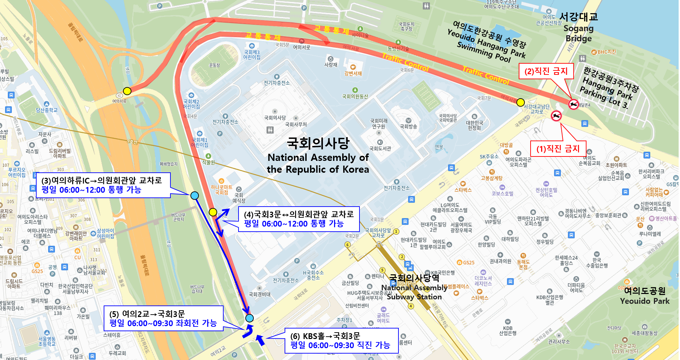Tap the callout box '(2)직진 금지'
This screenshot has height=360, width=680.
tap(546, 71)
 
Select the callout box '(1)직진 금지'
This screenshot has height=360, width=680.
tap(558, 148)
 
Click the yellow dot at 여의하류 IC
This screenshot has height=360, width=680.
tap(127, 91)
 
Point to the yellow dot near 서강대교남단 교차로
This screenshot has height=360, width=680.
tap(520, 102)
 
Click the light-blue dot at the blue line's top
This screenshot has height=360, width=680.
tap(194, 195)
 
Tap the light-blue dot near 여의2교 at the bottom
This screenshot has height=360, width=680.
tap(249, 318)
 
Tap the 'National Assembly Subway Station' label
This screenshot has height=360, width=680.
tap(414, 288)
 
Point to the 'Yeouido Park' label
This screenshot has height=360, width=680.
tap(644, 296)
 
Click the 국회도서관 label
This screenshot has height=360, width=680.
tap(380, 148)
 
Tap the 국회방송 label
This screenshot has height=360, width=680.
tap(408, 127)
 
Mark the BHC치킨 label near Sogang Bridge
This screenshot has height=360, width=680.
tap(606, 52)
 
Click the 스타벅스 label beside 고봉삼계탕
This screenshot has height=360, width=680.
tap(463, 190)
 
